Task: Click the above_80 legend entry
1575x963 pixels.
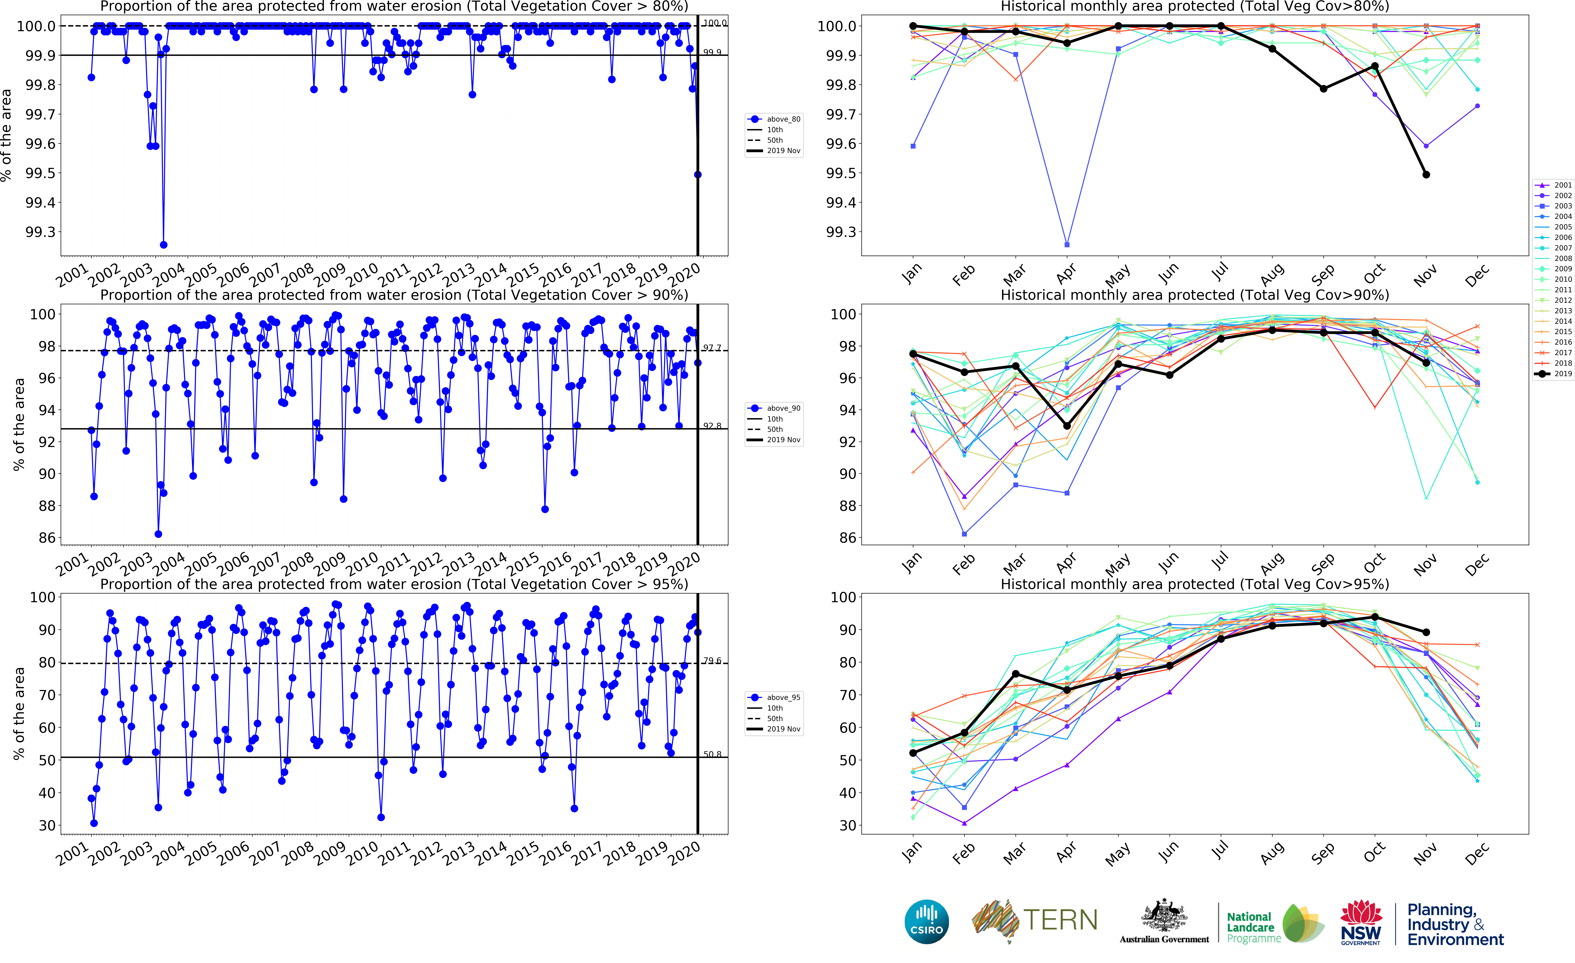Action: tap(775, 119)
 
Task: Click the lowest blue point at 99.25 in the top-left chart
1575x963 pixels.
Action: tap(164, 245)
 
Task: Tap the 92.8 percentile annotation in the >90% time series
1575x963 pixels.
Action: tap(712, 426)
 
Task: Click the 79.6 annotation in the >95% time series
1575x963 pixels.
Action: tap(712, 661)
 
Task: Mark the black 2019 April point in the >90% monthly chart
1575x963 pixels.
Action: tap(1067, 426)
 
